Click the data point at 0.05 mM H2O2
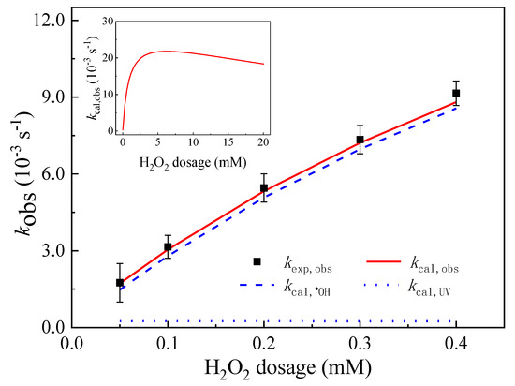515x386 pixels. coord(120,282)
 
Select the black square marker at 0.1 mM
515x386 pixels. coord(168,247)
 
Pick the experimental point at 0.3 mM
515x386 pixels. coord(360,140)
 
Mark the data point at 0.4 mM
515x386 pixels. coord(456,94)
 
